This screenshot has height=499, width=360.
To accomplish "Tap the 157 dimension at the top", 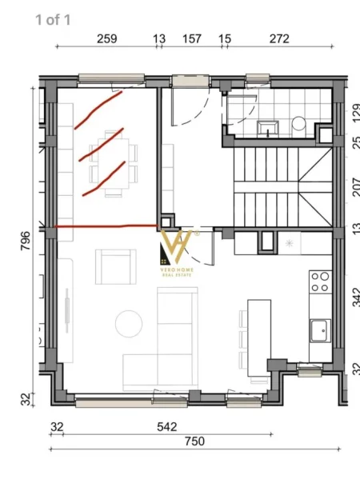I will (191, 38).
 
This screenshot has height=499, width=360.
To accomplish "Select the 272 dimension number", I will (279, 38).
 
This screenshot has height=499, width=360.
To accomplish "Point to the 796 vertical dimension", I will (25, 241).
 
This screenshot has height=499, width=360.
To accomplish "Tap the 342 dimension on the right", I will (355, 299).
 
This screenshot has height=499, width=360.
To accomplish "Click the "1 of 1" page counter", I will (53, 19).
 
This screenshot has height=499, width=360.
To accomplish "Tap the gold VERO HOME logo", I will (177, 251).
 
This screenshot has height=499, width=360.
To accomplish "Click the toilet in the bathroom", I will (298, 124).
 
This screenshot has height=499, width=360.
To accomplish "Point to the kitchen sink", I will (321, 329).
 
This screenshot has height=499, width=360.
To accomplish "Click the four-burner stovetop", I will (321, 281).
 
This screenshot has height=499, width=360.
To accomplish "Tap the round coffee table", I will (128, 323).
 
